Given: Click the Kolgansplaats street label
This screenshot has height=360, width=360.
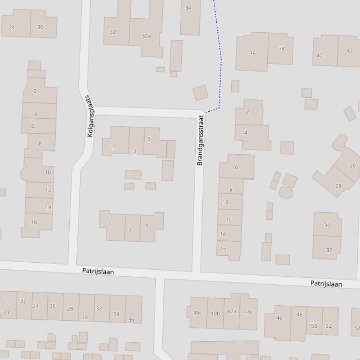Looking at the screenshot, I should click(x=90, y=116).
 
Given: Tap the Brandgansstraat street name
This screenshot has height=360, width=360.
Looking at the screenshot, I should click(x=200, y=140).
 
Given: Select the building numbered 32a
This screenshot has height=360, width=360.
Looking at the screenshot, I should click(x=146, y=36).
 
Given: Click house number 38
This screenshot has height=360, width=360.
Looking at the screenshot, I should click(x=281, y=49).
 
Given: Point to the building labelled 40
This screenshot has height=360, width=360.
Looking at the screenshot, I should click(x=319, y=55).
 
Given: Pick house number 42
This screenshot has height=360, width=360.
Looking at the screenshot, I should click(x=349, y=50).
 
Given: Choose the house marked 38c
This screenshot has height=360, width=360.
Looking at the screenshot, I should click(x=198, y=313).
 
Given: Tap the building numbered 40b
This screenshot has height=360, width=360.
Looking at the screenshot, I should click(x=215, y=313).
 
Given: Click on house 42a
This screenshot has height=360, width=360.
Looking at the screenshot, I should click(x=232, y=311).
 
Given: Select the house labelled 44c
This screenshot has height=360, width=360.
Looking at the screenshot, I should click(x=248, y=312).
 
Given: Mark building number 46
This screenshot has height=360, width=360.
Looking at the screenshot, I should click(x=279, y=318).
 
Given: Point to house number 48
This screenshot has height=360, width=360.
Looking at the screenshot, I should click(x=299, y=315).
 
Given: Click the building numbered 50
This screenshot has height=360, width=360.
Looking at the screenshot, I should click(x=314, y=326).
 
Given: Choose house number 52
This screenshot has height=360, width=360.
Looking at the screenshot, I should click(x=329, y=326).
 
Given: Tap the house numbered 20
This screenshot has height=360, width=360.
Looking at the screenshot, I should click(x=7, y=312).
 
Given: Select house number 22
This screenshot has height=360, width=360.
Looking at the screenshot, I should click(x=23, y=301).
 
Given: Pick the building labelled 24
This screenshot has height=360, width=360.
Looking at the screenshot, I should click(x=35, y=306).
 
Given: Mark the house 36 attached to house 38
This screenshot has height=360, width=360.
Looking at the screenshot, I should click(x=252, y=53).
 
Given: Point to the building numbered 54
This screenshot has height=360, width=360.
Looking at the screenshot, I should click(x=357, y=328).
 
